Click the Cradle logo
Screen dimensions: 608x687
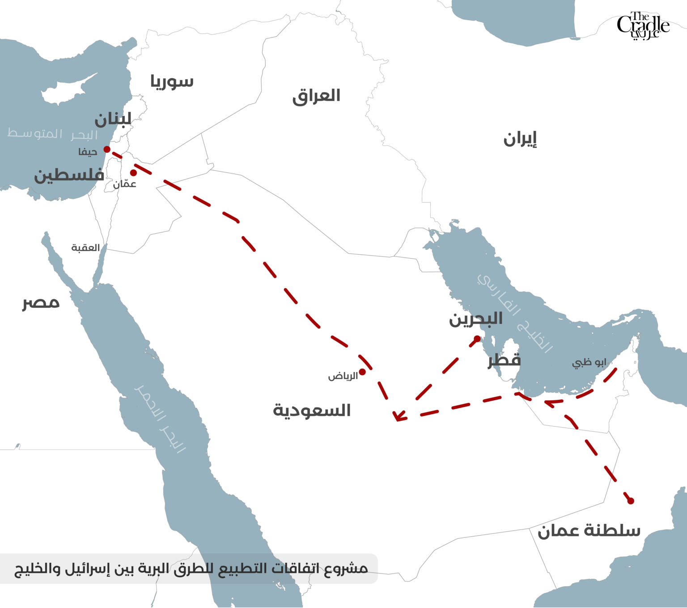643,25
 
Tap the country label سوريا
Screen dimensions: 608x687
172,81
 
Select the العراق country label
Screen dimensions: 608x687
316,96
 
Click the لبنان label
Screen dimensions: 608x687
113,119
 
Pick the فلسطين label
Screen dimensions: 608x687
69,175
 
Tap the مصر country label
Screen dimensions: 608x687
41,302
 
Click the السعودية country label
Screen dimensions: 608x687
312,410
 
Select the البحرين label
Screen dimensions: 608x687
476,319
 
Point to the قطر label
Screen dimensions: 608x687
504,360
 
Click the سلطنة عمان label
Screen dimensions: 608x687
589,530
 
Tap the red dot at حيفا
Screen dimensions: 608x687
107,149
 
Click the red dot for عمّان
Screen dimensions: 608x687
133,173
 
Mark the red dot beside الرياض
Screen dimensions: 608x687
362,372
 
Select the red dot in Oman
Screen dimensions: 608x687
631,501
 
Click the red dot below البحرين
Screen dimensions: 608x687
477,339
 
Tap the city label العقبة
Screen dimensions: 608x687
85,248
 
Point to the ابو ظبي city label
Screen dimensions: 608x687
589,362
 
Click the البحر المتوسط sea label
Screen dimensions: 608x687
52,134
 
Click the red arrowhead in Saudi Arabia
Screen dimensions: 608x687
398,417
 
